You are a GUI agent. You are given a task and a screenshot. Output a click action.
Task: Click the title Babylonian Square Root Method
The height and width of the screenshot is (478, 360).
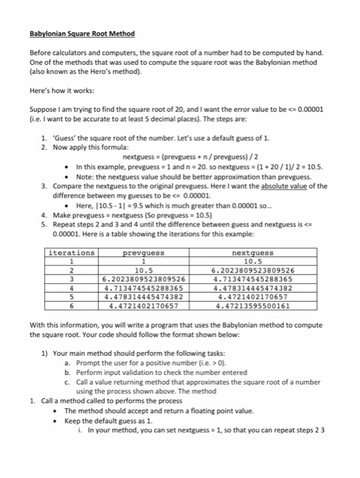tap(83, 33)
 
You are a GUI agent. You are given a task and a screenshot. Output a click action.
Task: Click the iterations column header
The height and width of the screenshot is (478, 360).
tap(72, 234)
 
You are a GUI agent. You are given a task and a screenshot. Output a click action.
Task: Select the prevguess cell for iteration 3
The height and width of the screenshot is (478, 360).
tap(143, 260)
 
